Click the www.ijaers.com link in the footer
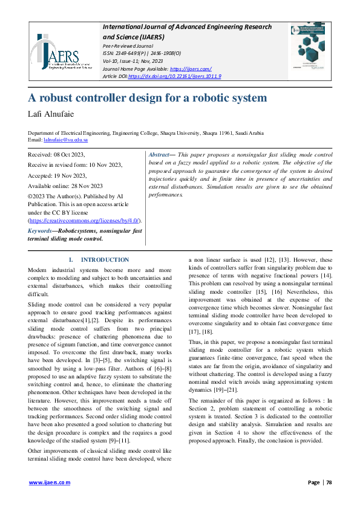coord(50,482)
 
